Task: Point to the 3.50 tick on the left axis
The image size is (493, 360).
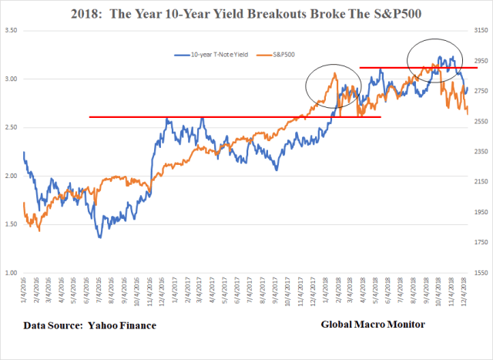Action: point(11,31)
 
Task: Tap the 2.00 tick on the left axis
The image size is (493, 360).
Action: point(11,177)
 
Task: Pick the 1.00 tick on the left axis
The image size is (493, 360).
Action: point(11,274)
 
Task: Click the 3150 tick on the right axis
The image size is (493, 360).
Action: point(479,31)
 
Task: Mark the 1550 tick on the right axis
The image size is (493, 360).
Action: point(479,274)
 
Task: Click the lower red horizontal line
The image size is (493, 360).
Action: point(231,117)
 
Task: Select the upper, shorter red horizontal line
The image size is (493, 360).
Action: point(408,68)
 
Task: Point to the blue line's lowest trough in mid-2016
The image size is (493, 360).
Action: point(100,236)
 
